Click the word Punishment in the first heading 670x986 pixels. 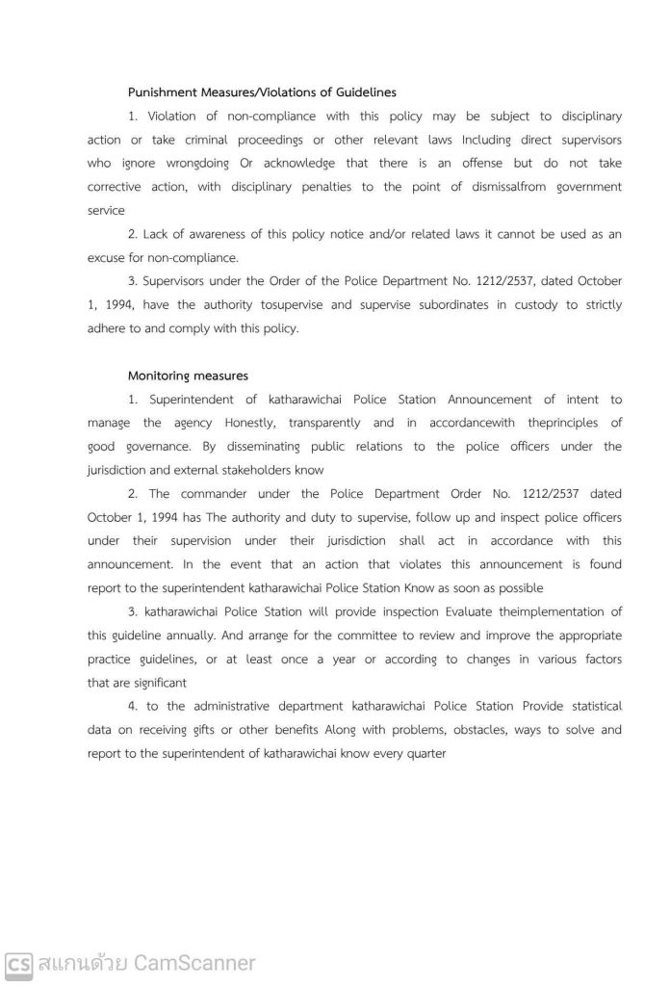(x=161, y=92)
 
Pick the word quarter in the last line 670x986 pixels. (x=425, y=753)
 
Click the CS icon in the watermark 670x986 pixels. (x=18, y=962)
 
